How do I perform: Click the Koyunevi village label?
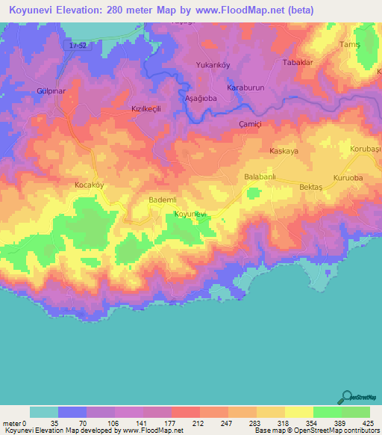(x=190, y=215)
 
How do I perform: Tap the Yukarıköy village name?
(x=211, y=64)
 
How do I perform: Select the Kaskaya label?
(x=284, y=151)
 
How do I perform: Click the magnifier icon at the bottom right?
(x=347, y=397)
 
